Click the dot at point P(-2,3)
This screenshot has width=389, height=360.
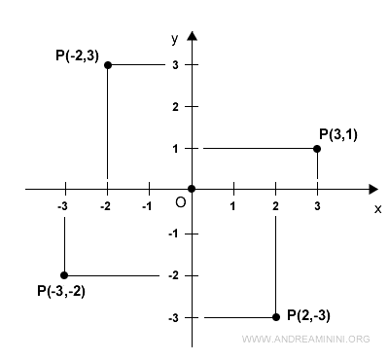coord(107,64)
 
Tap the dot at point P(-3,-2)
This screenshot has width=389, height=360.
coord(64,275)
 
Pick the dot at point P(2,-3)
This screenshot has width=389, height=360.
coord(276,317)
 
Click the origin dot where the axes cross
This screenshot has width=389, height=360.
coord(192,189)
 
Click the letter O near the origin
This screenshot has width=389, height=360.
coord(180,201)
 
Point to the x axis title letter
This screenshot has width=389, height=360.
coord(377,207)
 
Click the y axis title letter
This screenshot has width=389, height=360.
coord(175,38)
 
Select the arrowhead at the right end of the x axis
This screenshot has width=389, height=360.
coord(375,189)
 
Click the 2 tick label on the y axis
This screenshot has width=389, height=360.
coord(175,106)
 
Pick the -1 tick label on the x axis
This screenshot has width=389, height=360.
coord(147,206)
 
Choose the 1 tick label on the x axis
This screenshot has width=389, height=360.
coord(233,206)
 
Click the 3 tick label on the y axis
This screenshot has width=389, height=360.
coord(175,64)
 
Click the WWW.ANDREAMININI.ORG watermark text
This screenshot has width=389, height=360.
coord(304,340)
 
